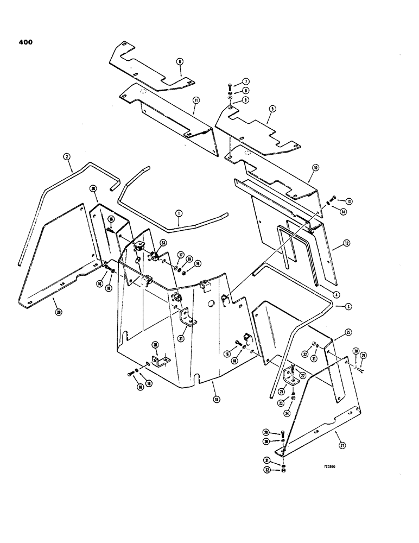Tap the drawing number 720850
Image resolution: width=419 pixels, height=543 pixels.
(x=331, y=465)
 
